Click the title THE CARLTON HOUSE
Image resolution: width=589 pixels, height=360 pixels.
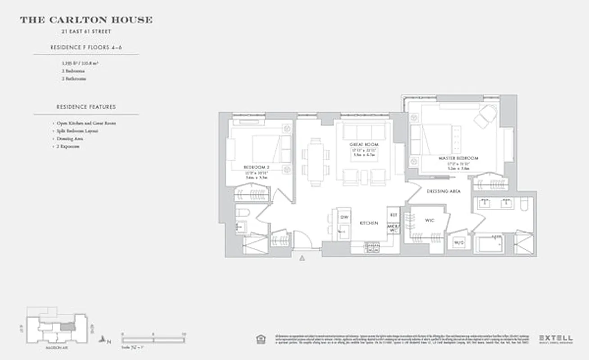click(x=86, y=20)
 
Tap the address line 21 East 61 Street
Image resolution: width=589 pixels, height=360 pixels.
click(x=86, y=31)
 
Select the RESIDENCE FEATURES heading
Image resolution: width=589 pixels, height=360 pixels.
click(x=86, y=107)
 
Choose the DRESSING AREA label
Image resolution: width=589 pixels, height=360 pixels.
click(x=444, y=191)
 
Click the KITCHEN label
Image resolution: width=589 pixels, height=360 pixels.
click(x=368, y=223)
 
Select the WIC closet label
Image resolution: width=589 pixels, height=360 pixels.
click(x=429, y=220)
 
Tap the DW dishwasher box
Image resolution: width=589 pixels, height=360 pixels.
click(x=344, y=217)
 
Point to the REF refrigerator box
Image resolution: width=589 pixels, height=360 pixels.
click(x=393, y=215)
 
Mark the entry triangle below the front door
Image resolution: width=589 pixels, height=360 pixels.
click(x=303, y=258)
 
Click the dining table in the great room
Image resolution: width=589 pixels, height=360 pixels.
click(x=316, y=161)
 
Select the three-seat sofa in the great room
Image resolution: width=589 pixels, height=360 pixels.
click(x=364, y=131)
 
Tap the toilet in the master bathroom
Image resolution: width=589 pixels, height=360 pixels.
click(x=525, y=205)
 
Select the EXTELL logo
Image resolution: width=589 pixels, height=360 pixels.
click(x=556, y=337)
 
